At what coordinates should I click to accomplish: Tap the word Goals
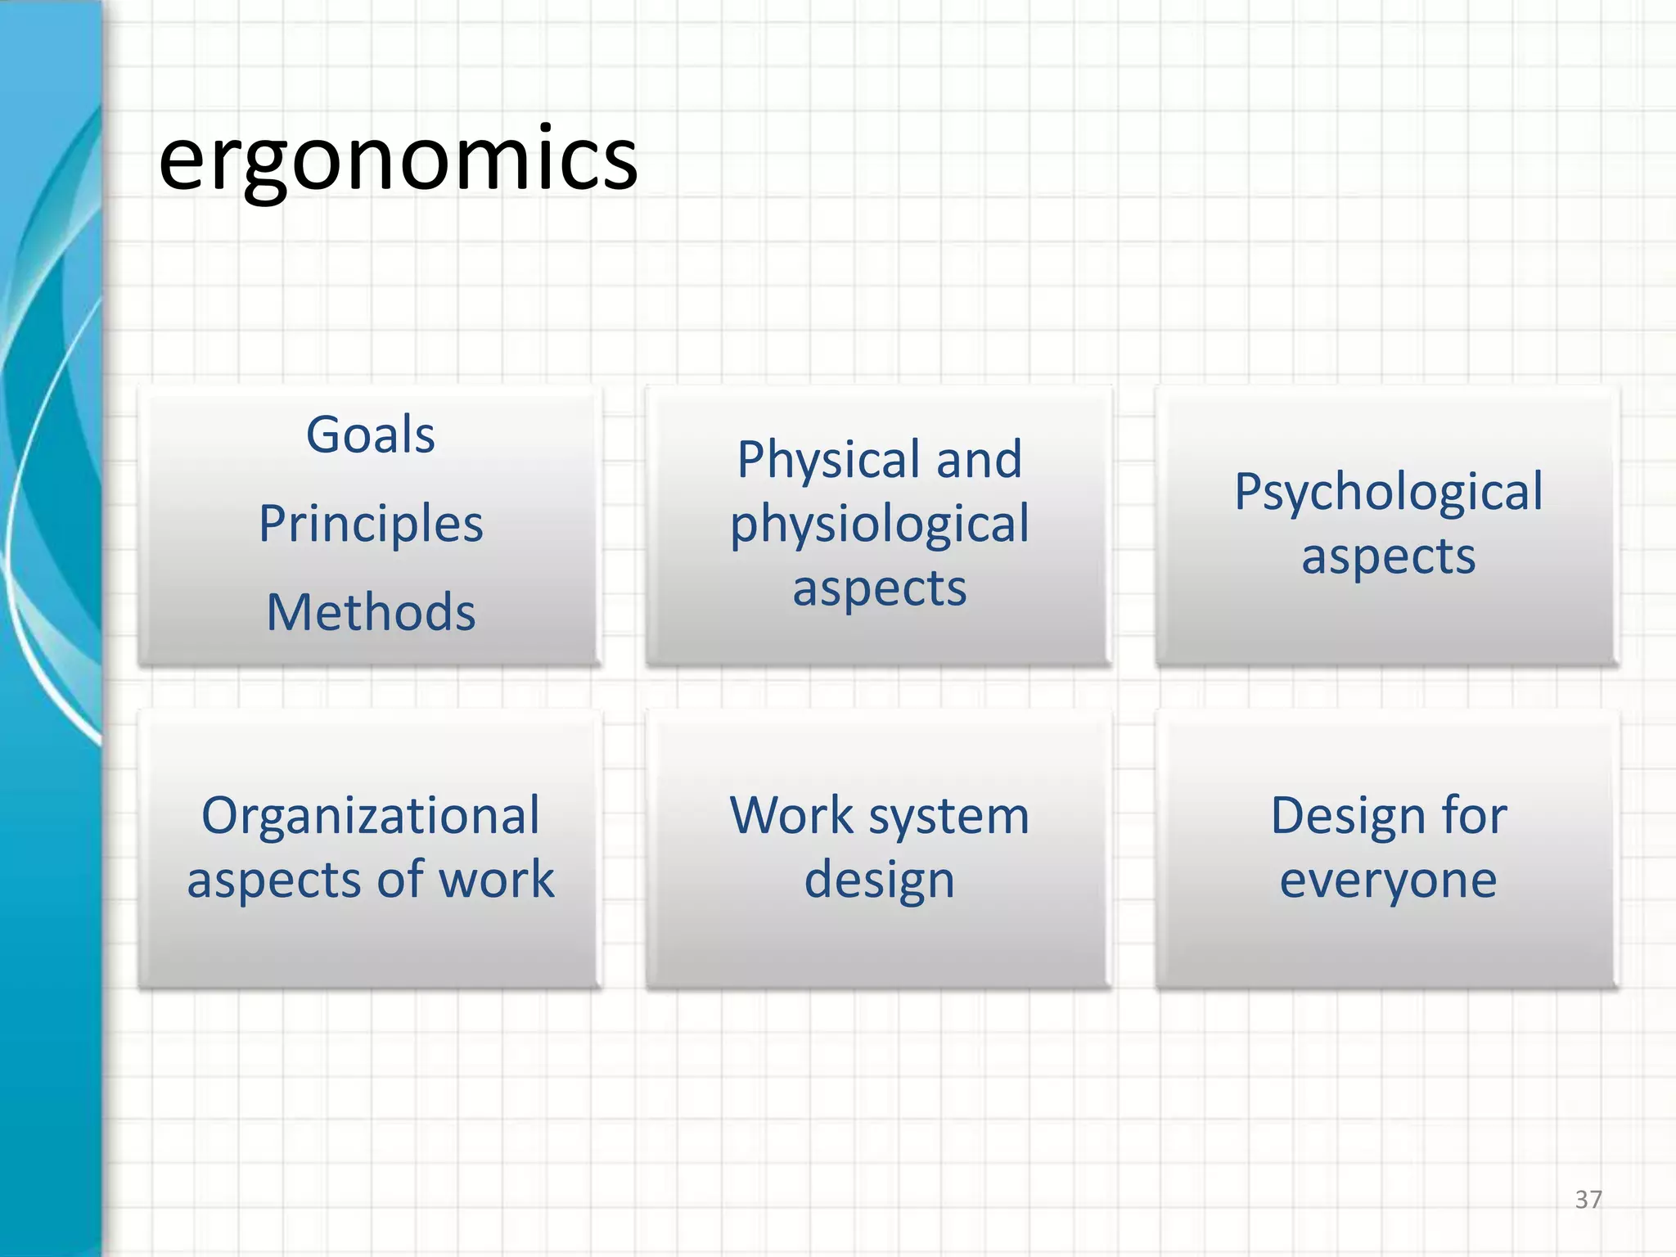coord(370,434)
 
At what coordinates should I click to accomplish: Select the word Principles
coord(371,523)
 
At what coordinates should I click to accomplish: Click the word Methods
coord(371,612)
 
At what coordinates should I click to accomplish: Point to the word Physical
coord(826,459)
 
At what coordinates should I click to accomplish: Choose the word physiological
coord(880,525)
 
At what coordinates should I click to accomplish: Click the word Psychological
coord(1388,492)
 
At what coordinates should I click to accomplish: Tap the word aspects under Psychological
coord(1388,556)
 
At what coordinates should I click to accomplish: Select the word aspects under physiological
coord(880,588)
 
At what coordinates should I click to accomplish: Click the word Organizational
coord(371,816)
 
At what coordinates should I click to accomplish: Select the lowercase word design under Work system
coord(880,881)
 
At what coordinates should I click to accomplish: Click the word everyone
coord(1388,881)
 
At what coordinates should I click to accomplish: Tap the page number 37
coord(1588,1200)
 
